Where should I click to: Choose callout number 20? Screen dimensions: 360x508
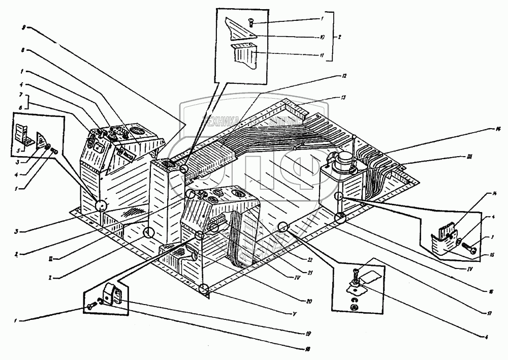308,301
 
